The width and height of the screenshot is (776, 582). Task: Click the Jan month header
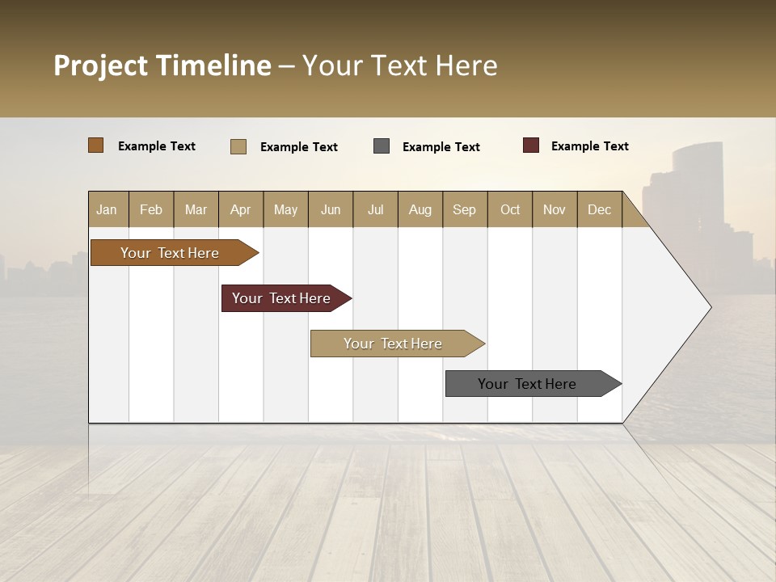(108, 209)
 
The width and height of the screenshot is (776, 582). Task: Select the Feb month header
(151, 209)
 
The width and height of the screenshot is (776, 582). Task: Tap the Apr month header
(240, 209)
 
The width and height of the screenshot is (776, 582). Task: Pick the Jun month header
(331, 209)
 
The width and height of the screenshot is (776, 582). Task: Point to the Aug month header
(420, 209)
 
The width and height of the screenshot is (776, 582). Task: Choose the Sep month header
(464, 209)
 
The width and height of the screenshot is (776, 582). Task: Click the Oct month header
(510, 209)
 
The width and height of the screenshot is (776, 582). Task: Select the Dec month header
(599, 209)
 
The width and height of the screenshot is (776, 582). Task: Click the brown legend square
(96, 145)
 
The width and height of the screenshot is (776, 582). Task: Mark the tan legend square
(238, 146)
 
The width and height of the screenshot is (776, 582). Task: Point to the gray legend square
(382, 146)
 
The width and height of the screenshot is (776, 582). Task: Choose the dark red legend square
(531, 145)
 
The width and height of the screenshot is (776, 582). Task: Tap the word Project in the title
(101, 65)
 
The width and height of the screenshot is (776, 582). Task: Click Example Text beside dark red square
(589, 146)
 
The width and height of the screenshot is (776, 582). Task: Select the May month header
(285, 209)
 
